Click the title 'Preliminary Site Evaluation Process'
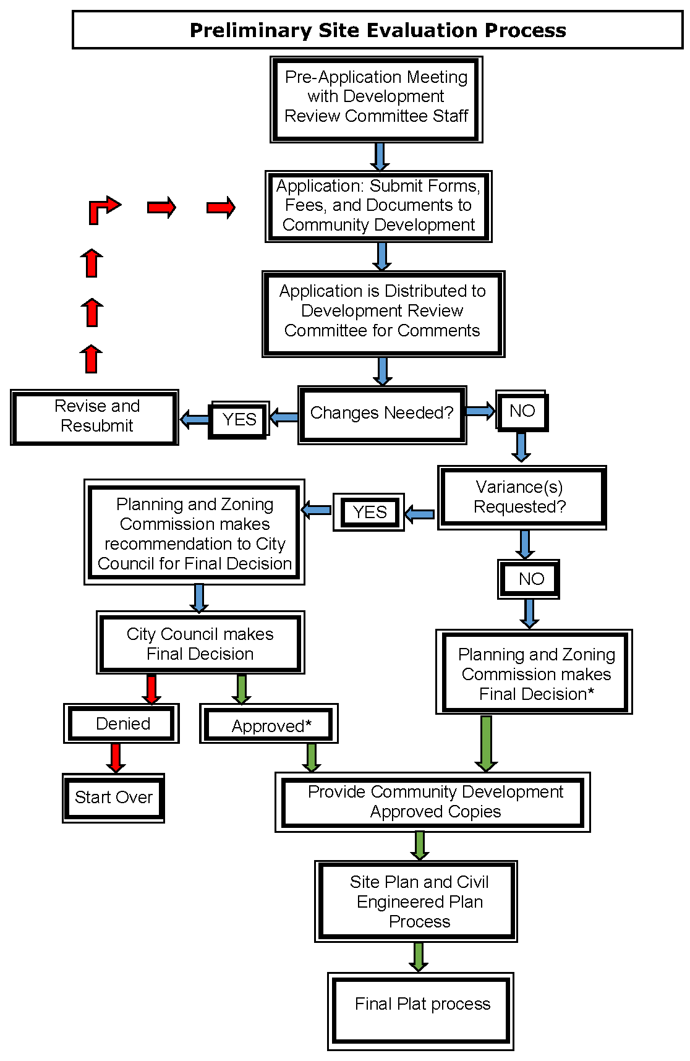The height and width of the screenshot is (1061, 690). (378, 30)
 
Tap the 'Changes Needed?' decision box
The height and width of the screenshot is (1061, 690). (382, 414)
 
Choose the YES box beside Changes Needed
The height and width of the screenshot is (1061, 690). (239, 420)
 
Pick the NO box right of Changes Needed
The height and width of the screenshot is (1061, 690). (522, 411)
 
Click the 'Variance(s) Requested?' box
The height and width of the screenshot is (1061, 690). (521, 497)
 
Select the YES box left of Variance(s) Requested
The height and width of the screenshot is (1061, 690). (369, 513)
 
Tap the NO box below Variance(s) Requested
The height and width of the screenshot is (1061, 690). (530, 579)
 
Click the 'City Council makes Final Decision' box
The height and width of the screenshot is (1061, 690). (200, 643)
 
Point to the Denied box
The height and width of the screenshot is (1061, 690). (122, 723)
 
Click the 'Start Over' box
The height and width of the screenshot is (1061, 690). (114, 798)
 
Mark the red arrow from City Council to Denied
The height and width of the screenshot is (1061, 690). (151, 689)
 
